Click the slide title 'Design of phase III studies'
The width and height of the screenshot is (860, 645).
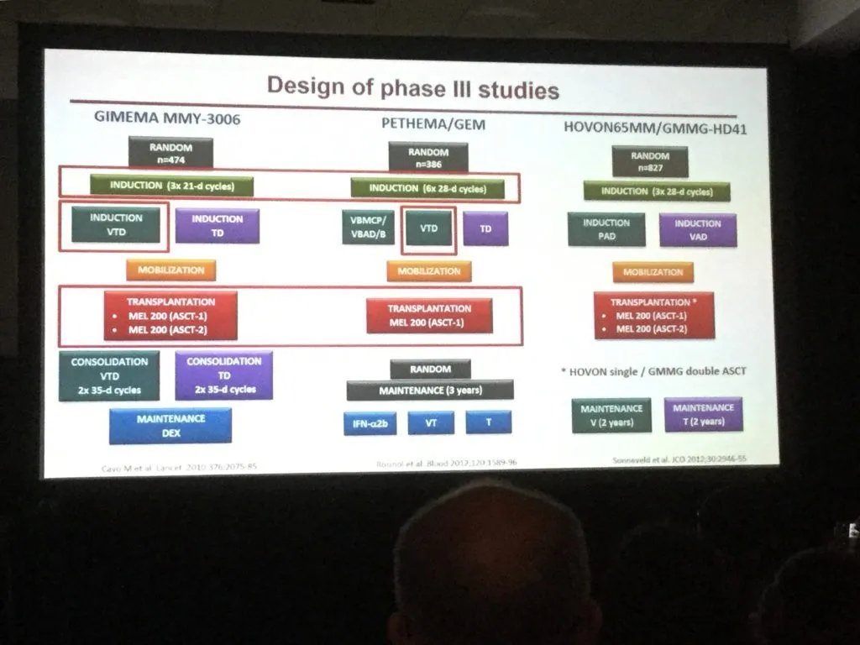[412, 88]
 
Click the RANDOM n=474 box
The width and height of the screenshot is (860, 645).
[171, 153]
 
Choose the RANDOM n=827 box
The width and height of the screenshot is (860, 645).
[650, 161]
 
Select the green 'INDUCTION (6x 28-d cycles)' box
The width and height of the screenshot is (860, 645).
[427, 188]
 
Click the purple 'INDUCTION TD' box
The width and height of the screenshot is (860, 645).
[217, 225]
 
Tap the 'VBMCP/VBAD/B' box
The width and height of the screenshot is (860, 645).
[368, 228]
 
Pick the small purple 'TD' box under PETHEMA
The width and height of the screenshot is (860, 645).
[485, 228]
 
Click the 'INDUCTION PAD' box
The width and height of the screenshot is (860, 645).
[606, 229]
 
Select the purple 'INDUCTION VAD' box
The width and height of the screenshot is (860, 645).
[697, 229]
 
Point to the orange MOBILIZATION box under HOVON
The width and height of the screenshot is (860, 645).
[653, 272]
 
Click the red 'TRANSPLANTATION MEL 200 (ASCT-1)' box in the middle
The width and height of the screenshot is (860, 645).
[429, 315]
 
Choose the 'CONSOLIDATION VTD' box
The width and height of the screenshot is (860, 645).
[109, 375]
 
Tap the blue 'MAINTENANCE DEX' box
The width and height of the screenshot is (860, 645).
[170, 425]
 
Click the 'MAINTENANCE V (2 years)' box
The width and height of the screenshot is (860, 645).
[611, 415]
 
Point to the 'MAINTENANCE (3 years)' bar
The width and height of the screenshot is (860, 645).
[429, 390]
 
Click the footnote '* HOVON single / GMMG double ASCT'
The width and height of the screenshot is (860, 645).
[653, 370]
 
